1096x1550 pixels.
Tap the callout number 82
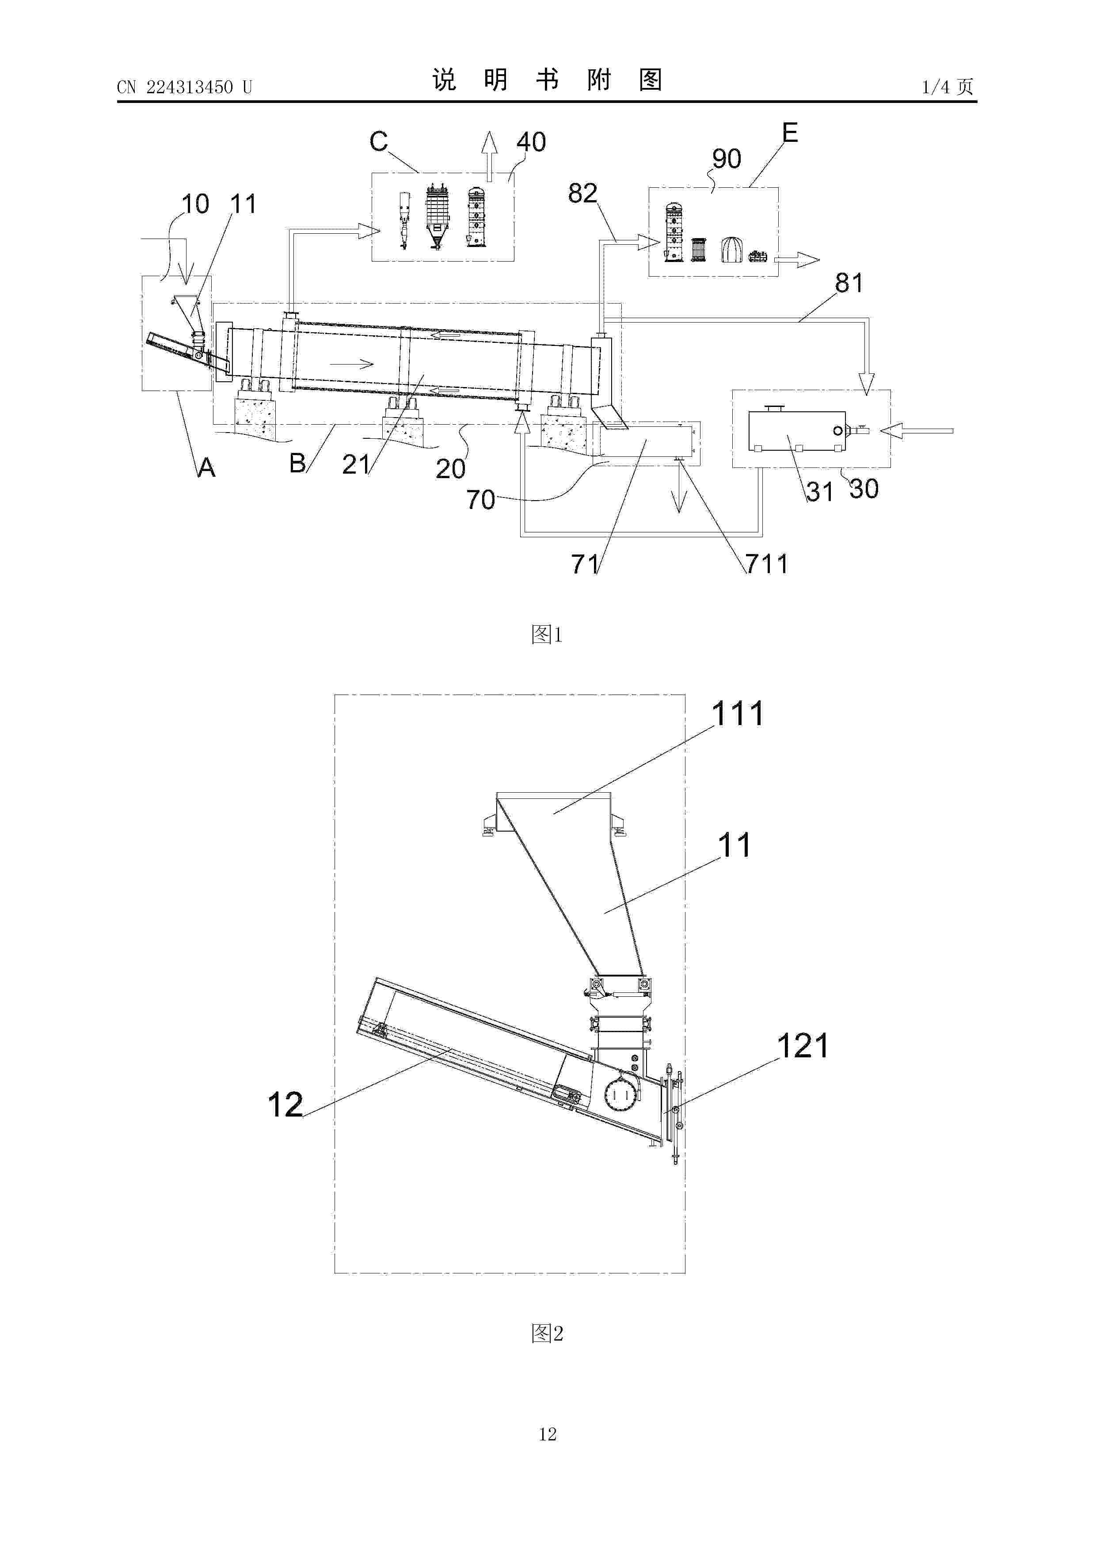pyautogui.click(x=583, y=194)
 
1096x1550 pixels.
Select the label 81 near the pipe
pyautogui.click(x=849, y=283)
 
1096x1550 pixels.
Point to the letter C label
pyautogui.click(x=379, y=142)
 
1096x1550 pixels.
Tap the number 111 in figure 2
pyautogui.click(x=738, y=714)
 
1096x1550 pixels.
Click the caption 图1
pyautogui.click(x=547, y=634)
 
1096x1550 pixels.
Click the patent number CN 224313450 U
pyautogui.click(x=184, y=87)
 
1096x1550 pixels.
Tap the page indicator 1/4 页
pyautogui.click(x=948, y=87)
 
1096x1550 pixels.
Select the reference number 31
pyautogui.click(x=819, y=492)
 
